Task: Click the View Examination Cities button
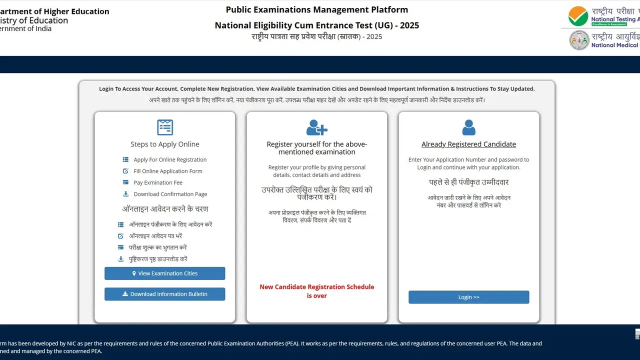pyautogui.click(x=164, y=273)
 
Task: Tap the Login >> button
pyautogui.click(x=468, y=297)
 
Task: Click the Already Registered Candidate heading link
pyautogui.click(x=468, y=144)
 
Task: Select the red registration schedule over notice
pyautogui.click(x=316, y=291)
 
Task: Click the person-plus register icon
pyautogui.click(x=316, y=127)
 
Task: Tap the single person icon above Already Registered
pyautogui.click(x=468, y=127)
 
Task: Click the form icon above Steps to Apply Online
pyautogui.click(x=165, y=127)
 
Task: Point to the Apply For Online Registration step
pyautogui.click(x=170, y=159)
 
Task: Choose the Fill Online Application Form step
pyautogui.click(x=168, y=171)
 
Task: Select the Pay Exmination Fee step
pyautogui.click(x=158, y=182)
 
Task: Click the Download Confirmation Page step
pyautogui.click(x=170, y=194)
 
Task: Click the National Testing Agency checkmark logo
pyautogui.click(x=578, y=16)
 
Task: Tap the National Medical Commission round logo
pyautogui.click(x=579, y=40)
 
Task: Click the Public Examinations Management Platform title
pyautogui.click(x=316, y=9)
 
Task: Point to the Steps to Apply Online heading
pyautogui.click(x=165, y=144)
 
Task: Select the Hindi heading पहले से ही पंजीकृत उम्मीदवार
pyautogui.click(x=468, y=182)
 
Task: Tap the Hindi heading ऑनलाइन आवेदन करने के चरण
pyautogui.click(x=165, y=209)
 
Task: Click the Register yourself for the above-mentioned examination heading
pyautogui.click(x=316, y=148)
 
